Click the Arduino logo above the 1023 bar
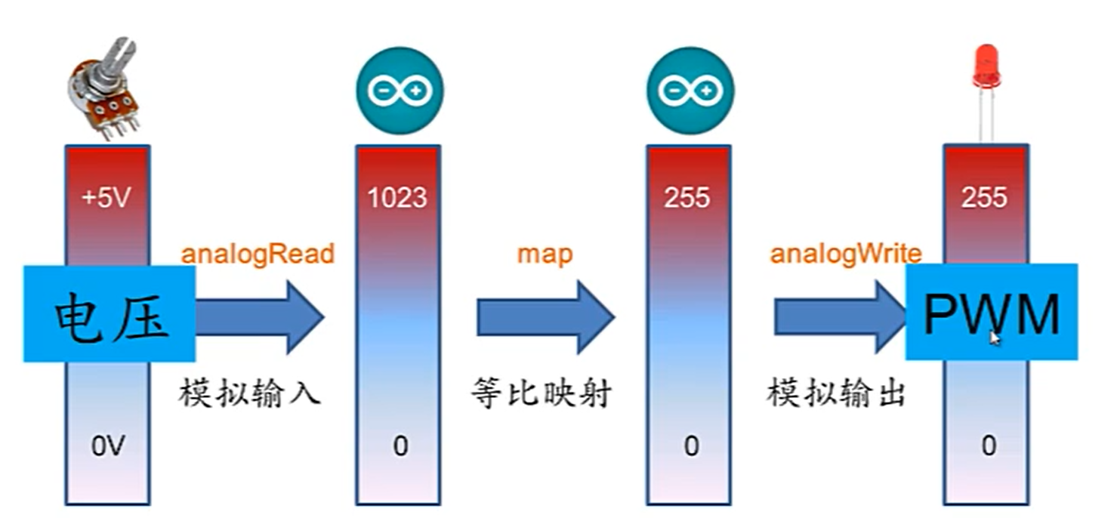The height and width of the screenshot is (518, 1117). point(399,91)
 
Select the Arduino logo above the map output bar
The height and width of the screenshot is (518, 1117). point(690,91)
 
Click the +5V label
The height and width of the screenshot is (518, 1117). point(106,198)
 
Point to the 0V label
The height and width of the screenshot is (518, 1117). point(106,447)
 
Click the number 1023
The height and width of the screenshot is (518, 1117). point(397,198)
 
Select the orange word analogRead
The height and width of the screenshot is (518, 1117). point(258,254)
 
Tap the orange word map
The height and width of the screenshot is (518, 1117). point(545,254)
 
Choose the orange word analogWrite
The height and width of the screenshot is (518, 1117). point(845,254)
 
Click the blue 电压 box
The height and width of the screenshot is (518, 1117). point(110,313)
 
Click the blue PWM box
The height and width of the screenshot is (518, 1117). point(992,312)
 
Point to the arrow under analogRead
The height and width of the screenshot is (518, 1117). point(260,316)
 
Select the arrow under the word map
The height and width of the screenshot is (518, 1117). point(545,316)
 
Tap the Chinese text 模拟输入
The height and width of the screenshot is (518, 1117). point(250,393)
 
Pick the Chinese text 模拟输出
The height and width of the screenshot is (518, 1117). point(836,393)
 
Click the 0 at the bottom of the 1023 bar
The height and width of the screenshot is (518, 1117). point(400,447)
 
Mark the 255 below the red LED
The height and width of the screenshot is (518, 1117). point(984,198)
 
